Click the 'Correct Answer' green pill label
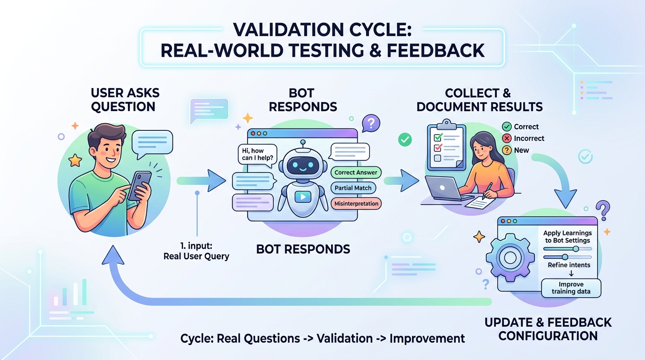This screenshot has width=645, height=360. pyautogui.click(x=356, y=172)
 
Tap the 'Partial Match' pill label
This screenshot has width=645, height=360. pyautogui.click(x=353, y=188)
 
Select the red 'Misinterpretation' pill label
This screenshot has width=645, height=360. pyautogui.click(x=356, y=203)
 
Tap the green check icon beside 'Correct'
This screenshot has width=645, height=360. pyautogui.click(x=507, y=127)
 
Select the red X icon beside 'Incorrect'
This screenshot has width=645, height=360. pyautogui.click(x=507, y=138)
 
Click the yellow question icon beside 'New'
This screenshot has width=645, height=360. pyautogui.click(x=507, y=150)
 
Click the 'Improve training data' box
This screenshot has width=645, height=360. pyautogui.click(x=571, y=288)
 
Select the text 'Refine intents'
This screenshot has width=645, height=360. pyautogui.click(x=569, y=265)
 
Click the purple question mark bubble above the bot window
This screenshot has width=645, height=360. pyautogui.click(x=371, y=123)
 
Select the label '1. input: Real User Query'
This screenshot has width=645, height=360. pyautogui.click(x=196, y=251)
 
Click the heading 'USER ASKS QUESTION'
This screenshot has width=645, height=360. pyautogui.click(x=125, y=99)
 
